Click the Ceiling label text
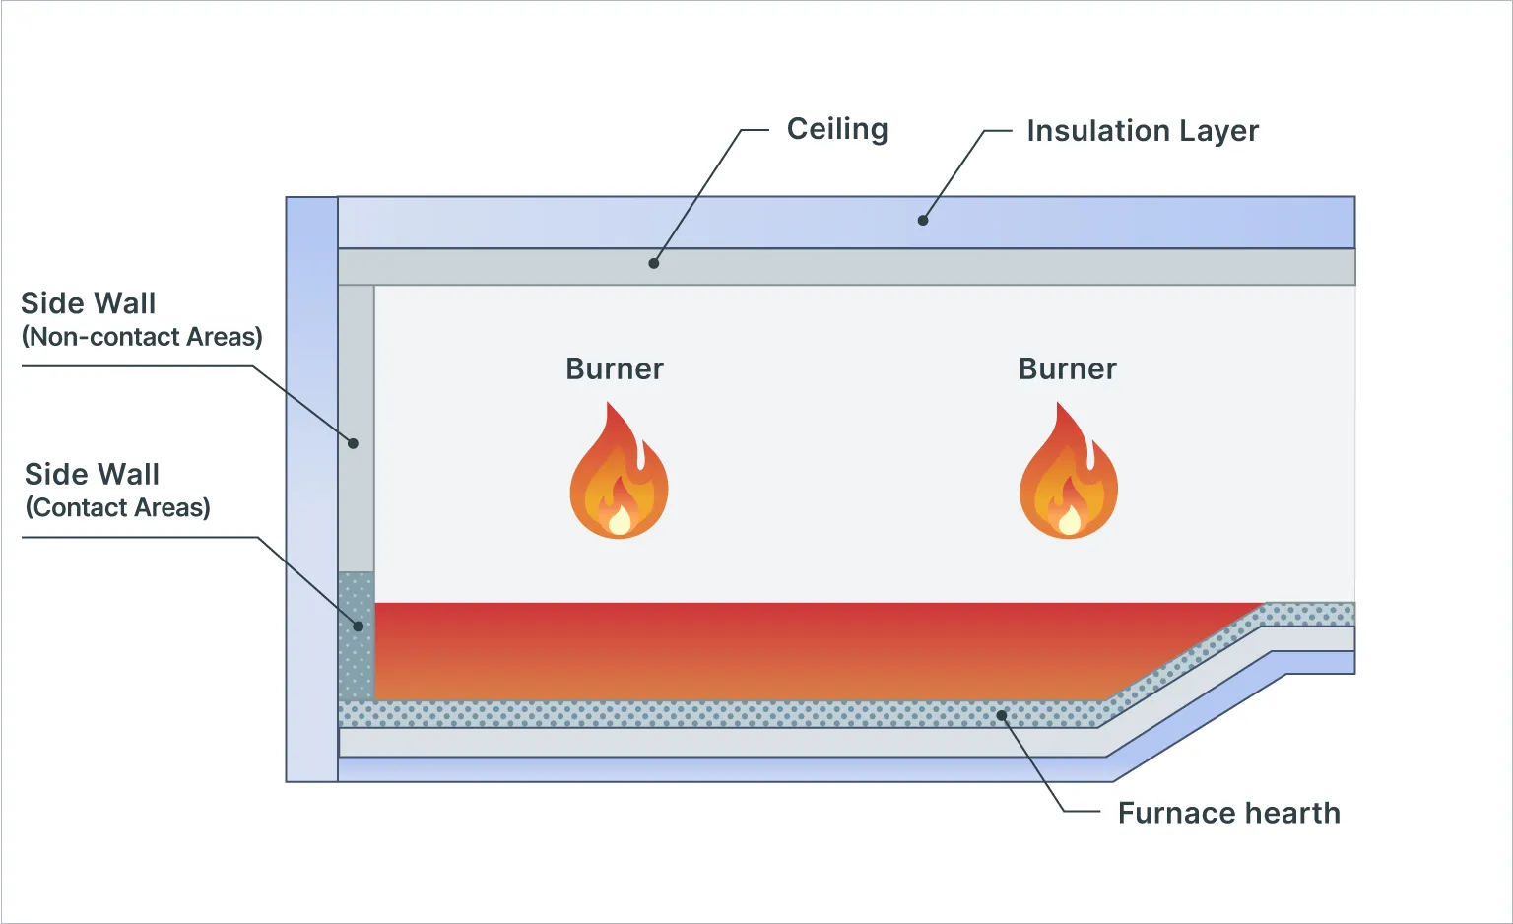[x=836, y=129]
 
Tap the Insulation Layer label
[x=1142, y=131]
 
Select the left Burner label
[x=614, y=369]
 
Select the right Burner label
[x=1067, y=369]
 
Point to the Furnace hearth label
[x=1228, y=813]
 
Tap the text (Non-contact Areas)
[x=142, y=337]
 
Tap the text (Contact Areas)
[x=117, y=507]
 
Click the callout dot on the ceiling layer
[x=653, y=263]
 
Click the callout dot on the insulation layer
[x=923, y=221]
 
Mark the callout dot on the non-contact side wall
[x=353, y=443]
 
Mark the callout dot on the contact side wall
[x=359, y=627]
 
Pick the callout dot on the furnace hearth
[x=1002, y=715]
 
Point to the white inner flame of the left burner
[x=620, y=520]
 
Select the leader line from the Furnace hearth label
[x=1034, y=764]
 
